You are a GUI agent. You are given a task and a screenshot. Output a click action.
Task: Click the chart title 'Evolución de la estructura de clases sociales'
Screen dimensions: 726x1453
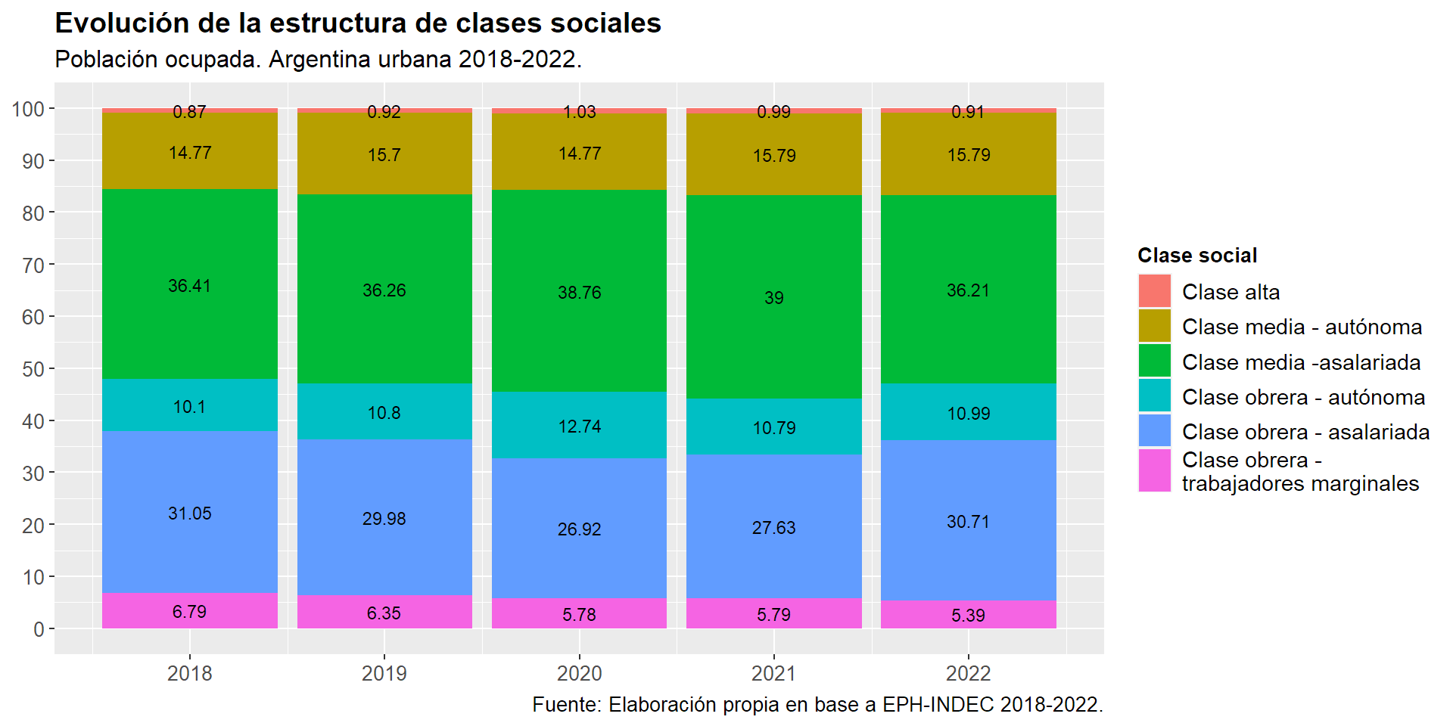(x=358, y=23)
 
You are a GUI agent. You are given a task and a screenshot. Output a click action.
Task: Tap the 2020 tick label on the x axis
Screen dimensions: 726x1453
(x=579, y=673)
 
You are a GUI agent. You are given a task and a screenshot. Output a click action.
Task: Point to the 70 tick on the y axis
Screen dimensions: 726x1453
(x=33, y=265)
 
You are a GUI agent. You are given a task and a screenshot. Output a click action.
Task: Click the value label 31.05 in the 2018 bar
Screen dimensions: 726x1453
(x=190, y=513)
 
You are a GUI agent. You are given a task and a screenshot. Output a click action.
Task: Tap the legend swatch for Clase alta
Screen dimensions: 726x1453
(x=1154, y=291)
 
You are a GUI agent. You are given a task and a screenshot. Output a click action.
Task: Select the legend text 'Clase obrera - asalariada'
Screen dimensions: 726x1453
(x=1305, y=432)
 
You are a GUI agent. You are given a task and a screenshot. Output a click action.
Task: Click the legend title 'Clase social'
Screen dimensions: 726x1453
(x=1197, y=256)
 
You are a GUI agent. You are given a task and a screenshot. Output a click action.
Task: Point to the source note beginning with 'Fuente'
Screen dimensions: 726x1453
(x=817, y=705)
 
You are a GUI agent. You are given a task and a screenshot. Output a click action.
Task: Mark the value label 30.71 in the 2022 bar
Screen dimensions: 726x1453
(x=968, y=522)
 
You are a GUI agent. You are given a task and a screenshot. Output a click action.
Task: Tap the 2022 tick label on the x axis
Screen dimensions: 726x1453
(x=968, y=673)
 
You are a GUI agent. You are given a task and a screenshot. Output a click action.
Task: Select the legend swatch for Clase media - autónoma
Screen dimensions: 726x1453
(x=1154, y=326)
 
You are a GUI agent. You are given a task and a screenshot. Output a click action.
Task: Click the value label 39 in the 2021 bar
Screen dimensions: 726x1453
(x=773, y=298)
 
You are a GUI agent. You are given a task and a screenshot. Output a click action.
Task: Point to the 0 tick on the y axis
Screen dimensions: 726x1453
(x=39, y=629)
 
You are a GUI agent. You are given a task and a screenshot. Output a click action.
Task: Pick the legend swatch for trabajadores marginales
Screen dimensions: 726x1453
(x=1154, y=470)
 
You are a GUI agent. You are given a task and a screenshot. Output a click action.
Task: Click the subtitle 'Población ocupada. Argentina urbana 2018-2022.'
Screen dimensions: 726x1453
(x=318, y=59)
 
